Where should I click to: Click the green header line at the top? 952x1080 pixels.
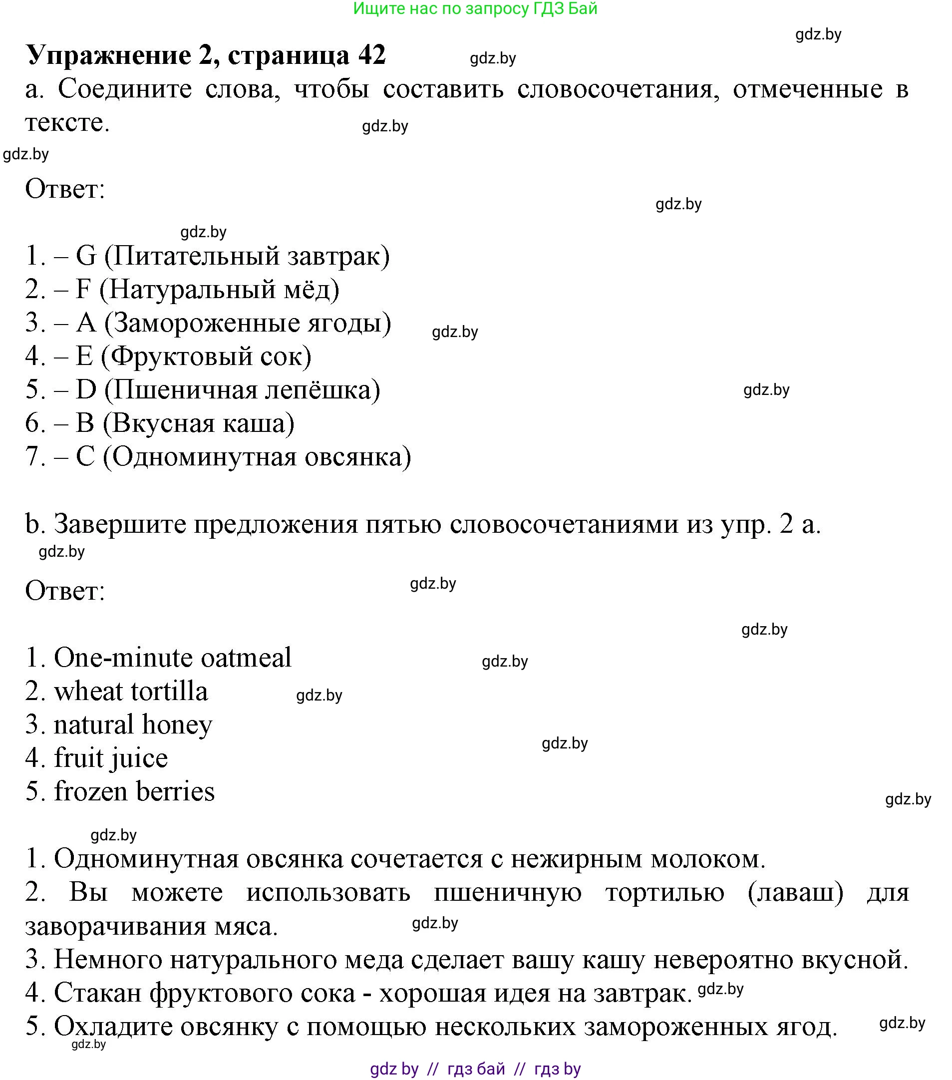click(x=475, y=8)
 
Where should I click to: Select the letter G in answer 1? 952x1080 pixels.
click(x=86, y=256)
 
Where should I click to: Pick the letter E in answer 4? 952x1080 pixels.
click(x=84, y=357)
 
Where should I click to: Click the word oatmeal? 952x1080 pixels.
click(x=246, y=658)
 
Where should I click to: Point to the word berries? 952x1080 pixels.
click(x=175, y=792)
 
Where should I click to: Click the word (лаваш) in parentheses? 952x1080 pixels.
click(x=795, y=893)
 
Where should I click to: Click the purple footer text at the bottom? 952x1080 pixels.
click(x=475, y=1069)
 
